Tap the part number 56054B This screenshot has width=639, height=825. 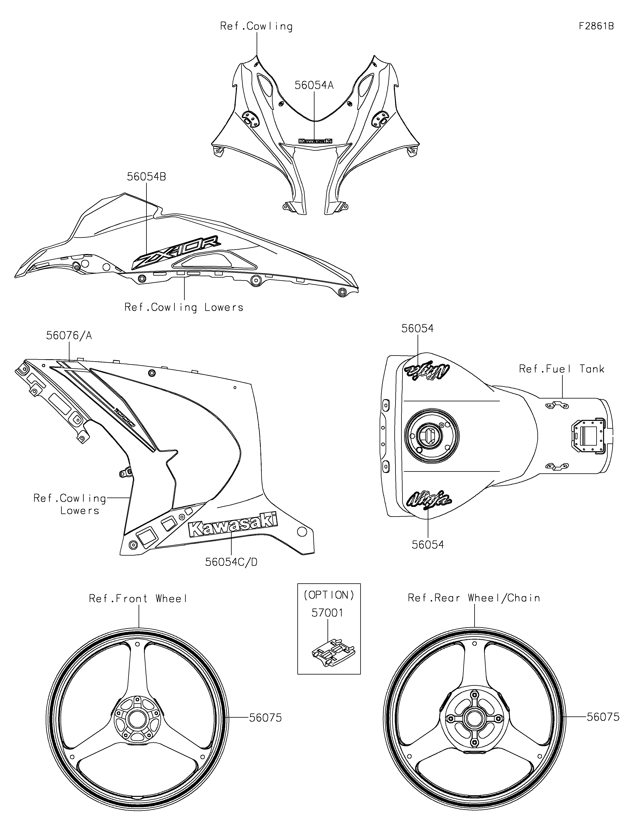[146, 176]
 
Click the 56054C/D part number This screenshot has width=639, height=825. [231, 562]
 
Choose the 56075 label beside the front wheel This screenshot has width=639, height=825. [265, 718]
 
